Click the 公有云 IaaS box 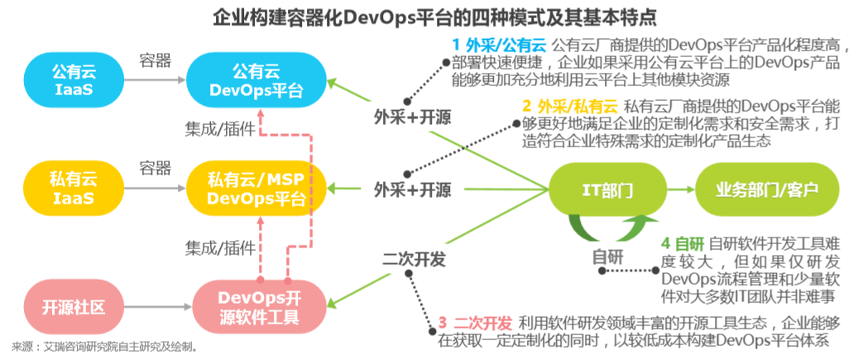[74, 80]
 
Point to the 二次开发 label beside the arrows [413, 259]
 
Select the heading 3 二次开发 [476, 322]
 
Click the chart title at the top [429, 16]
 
